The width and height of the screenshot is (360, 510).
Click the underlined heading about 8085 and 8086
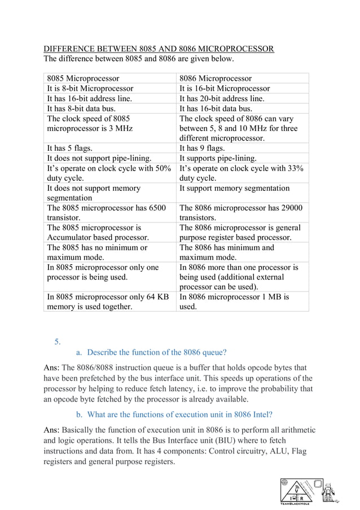tap(159, 49)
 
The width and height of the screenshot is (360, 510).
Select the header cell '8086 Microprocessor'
tap(215, 78)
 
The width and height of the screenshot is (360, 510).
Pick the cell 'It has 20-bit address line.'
tap(222, 98)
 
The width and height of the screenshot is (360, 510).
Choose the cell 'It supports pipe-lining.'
tap(218, 158)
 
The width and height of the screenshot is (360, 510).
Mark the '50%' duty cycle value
tap(160, 168)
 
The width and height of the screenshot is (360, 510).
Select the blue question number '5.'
tap(57, 341)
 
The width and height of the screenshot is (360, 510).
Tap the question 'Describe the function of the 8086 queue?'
tap(157, 352)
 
